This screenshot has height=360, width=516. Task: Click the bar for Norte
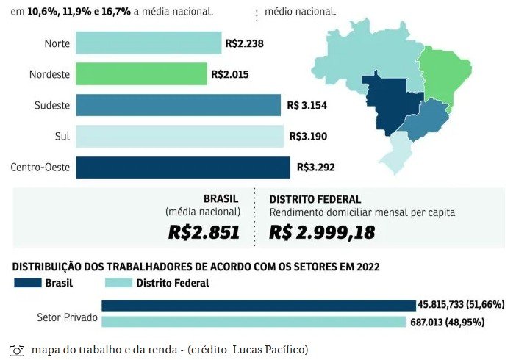point(147,43)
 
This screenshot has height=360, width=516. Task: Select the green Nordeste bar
point(140,74)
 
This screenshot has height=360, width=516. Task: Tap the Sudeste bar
point(177,105)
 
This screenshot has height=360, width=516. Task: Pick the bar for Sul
point(179,136)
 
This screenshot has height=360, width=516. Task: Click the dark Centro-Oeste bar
point(182,167)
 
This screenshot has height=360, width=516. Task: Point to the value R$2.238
point(244,43)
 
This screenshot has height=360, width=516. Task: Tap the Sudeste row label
point(51,105)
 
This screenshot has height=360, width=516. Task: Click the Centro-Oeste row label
point(40,168)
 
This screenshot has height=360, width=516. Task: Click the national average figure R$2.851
point(204,233)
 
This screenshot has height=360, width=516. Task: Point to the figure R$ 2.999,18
point(322,233)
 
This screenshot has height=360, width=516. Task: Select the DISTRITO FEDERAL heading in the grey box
point(315,199)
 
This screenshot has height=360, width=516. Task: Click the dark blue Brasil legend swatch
point(26,283)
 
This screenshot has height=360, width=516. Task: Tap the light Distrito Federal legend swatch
point(118,283)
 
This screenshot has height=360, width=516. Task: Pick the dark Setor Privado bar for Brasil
point(258,305)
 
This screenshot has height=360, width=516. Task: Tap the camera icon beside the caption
point(17,350)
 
